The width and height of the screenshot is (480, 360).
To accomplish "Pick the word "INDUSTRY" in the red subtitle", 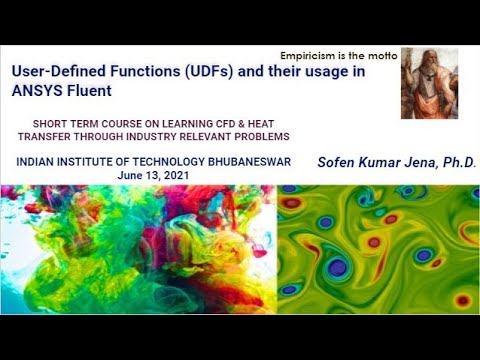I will pyautogui.click(x=151, y=136).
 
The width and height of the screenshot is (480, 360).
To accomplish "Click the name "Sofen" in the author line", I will pyautogui.click(x=336, y=162).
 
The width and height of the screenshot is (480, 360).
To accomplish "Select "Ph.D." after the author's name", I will pyautogui.click(x=454, y=162).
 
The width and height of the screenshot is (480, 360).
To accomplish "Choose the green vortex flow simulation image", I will pyautogui.click(x=378, y=249).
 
